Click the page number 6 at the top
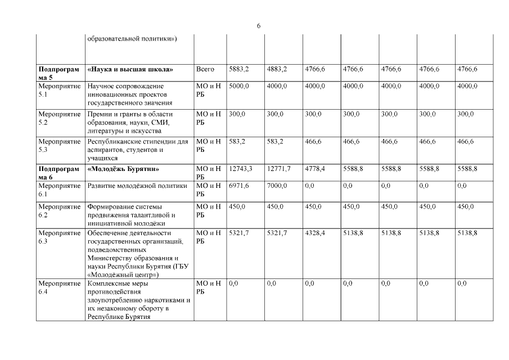click(259, 26)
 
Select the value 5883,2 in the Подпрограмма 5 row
click(239, 69)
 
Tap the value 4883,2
click(277, 69)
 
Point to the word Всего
click(205, 69)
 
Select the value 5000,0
click(239, 86)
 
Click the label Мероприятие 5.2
click(59, 118)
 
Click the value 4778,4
click(316, 169)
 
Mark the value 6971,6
click(239, 185)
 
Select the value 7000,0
click(277, 185)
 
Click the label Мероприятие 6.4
click(59, 288)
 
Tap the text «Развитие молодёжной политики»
click(137, 185)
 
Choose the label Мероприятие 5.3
click(59, 146)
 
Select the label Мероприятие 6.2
click(59, 210)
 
